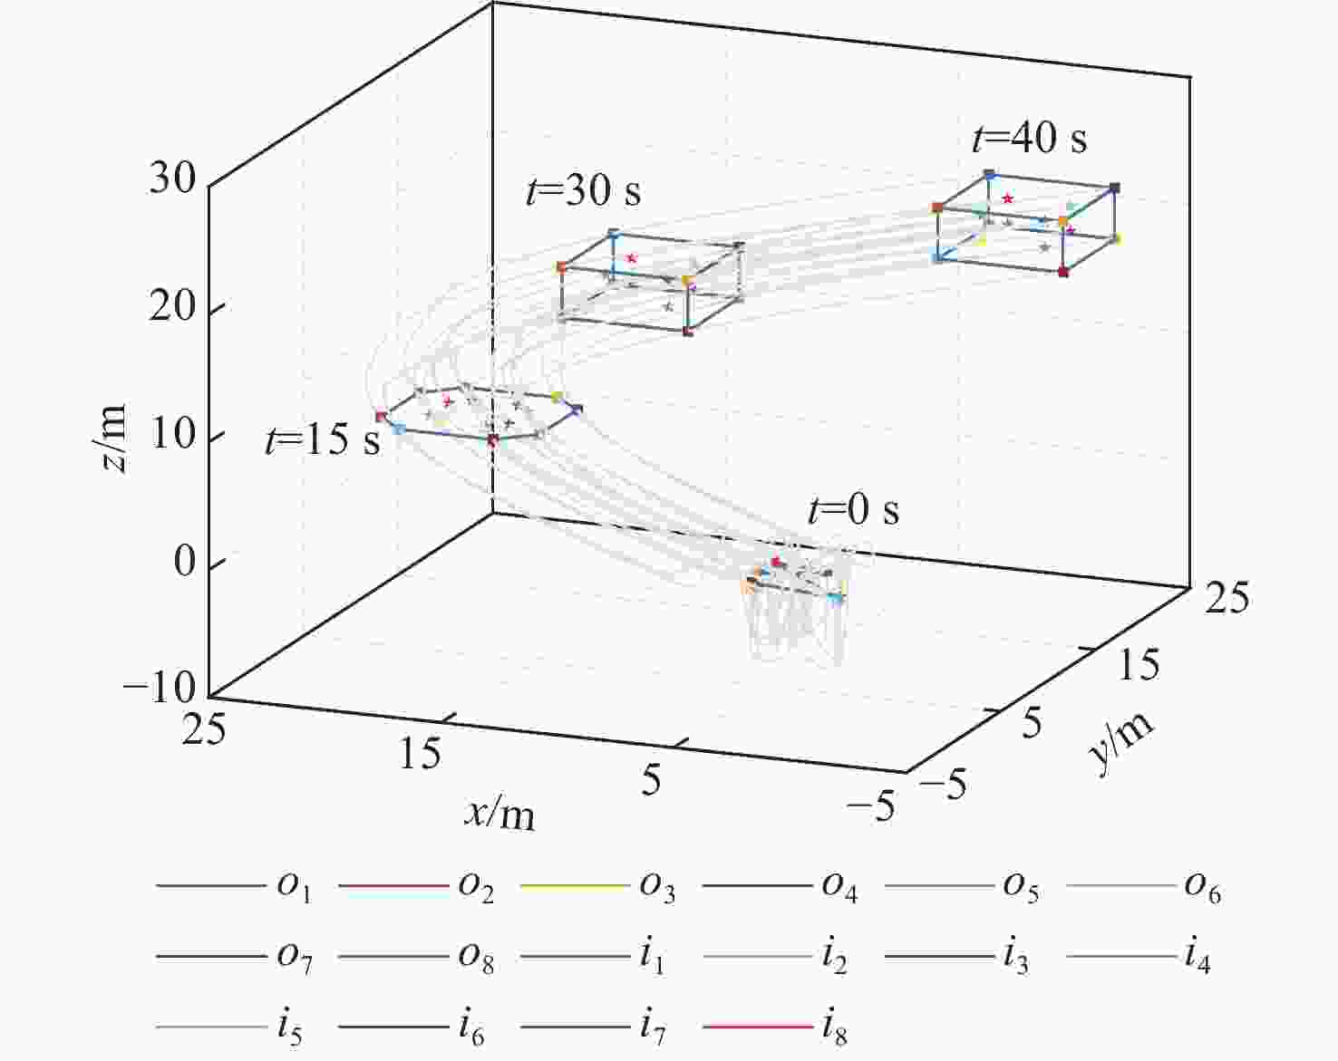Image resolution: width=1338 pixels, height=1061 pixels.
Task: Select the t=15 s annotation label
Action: pyautogui.click(x=323, y=439)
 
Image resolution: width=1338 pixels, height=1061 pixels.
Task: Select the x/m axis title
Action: pyautogui.click(x=499, y=813)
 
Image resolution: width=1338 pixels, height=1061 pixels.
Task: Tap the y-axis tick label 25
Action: pyautogui.click(x=1226, y=599)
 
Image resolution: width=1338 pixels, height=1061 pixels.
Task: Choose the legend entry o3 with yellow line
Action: pyautogui.click(x=597, y=886)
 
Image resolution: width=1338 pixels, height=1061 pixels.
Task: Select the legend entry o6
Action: pyautogui.click(x=1144, y=886)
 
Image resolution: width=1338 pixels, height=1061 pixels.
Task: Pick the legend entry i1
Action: pyautogui.click(x=593, y=957)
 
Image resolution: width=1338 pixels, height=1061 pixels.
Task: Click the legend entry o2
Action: pyautogui.click(x=416, y=886)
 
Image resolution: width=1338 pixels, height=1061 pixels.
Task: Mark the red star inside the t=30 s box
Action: pyautogui.click(x=632, y=258)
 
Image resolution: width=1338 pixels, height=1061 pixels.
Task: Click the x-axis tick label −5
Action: pyautogui.click(x=871, y=806)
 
